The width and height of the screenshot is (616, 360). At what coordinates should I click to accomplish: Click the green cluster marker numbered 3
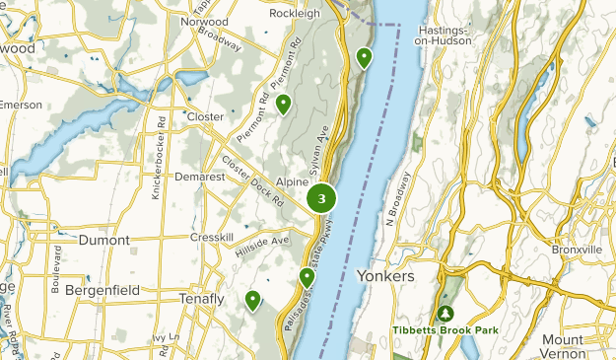coord(322,198)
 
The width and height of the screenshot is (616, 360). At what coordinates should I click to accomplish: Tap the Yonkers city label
coord(385,276)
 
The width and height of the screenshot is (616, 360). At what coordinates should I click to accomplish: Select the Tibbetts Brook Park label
coord(445,330)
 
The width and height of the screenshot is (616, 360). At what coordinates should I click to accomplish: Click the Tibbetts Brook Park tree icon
coord(445,313)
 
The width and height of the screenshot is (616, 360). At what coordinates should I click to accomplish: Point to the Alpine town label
coord(293,182)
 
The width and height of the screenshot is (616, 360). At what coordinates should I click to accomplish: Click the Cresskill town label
coord(211,239)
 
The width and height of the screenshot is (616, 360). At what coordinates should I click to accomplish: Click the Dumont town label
coord(104,240)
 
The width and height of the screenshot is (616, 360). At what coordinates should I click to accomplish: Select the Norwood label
coord(203,20)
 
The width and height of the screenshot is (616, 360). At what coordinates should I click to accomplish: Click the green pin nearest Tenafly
coord(253,300)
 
